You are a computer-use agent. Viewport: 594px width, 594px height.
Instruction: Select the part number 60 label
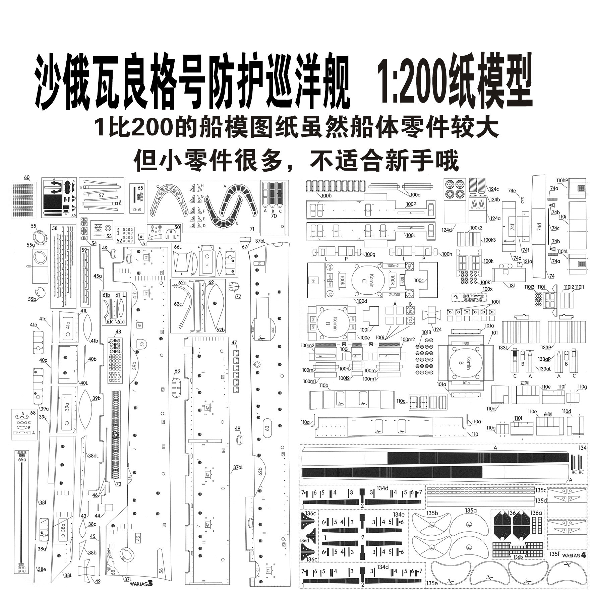pos(27,178)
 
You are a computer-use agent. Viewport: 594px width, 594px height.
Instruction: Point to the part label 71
pos(252,229)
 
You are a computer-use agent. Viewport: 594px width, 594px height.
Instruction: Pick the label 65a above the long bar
pos(22,460)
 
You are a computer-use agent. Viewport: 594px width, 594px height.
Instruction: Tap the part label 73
pos(118,484)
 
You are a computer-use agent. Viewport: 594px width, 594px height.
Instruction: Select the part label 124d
pos(447,230)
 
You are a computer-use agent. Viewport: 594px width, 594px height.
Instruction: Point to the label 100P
pos(411,204)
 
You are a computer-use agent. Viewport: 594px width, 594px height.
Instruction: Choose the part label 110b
pos(324,386)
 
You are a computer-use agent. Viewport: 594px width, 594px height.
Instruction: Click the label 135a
pos(471,511)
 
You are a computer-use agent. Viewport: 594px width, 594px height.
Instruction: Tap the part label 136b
pos(519,557)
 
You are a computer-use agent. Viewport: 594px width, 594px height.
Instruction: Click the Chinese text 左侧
pos(524,383)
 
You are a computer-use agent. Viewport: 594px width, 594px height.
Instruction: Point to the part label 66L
pos(177,247)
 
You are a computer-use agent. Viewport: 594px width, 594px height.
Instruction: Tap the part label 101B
pos(426,333)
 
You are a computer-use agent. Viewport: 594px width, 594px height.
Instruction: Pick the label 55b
pos(32,299)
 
